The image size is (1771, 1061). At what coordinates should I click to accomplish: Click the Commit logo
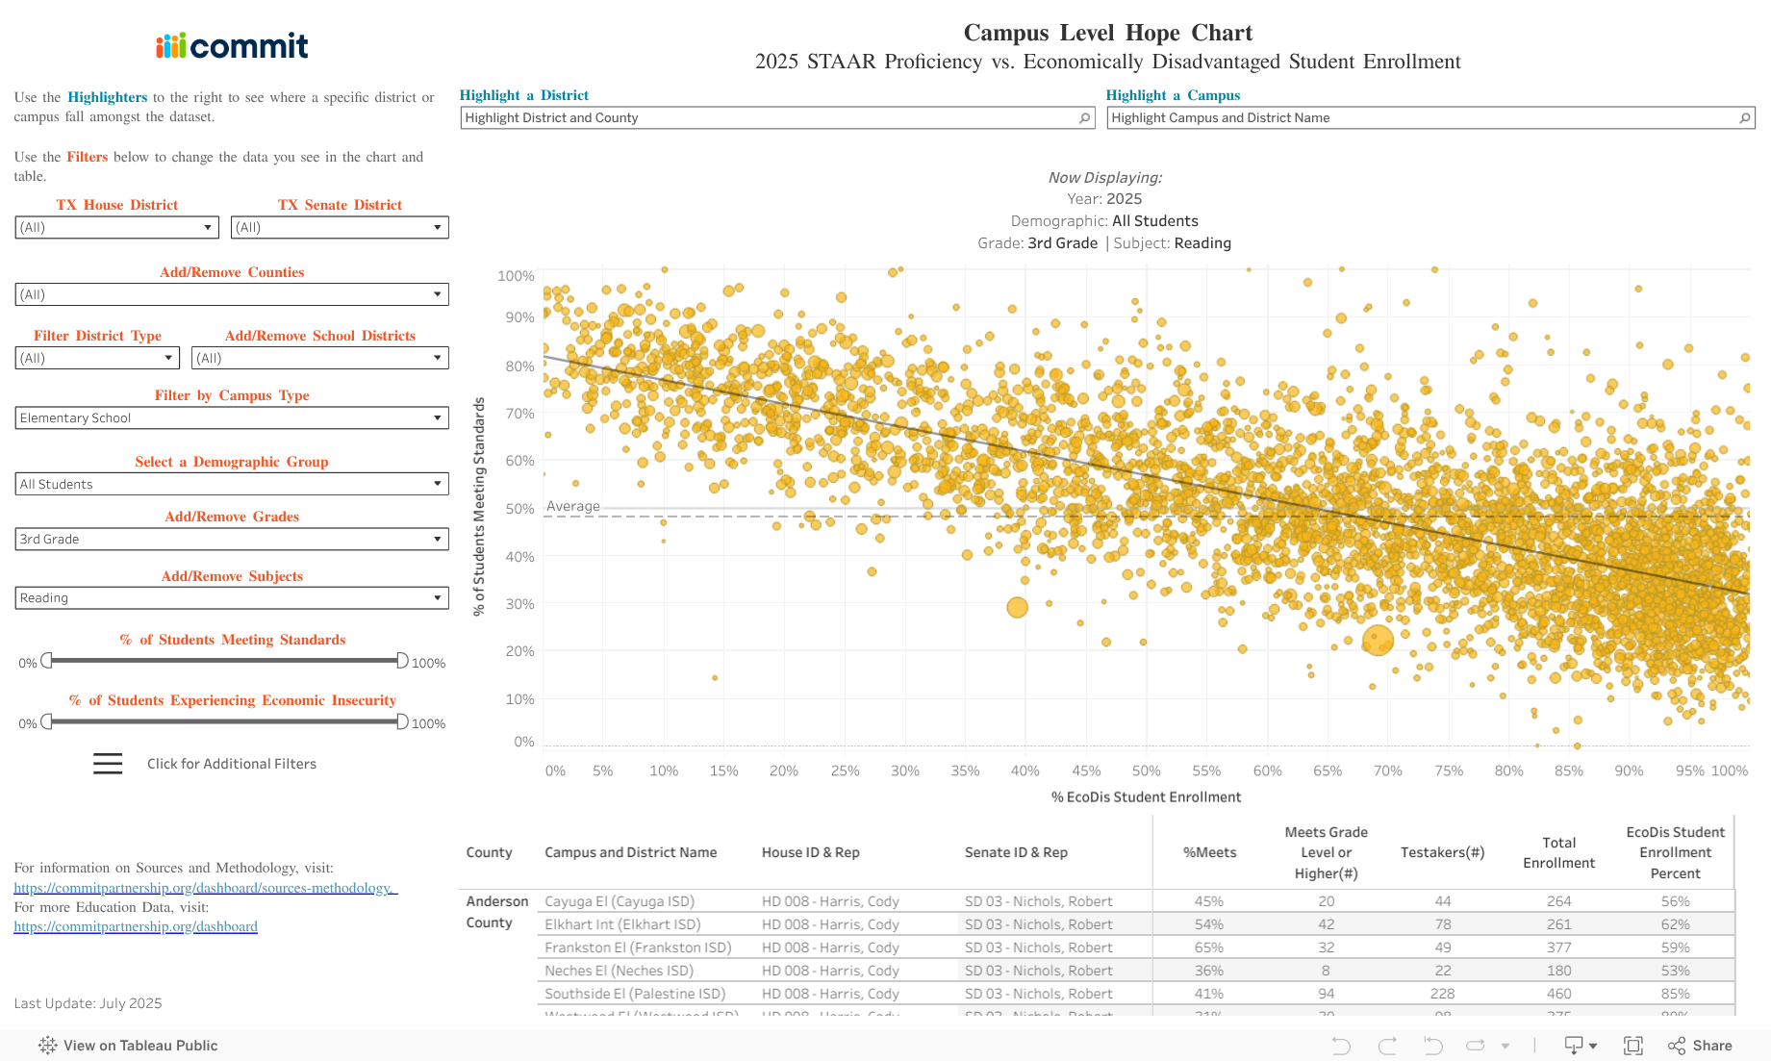pyautogui.click(x=232, y=45)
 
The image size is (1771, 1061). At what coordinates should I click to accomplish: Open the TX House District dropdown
pyautogui.click(x=116, y=228)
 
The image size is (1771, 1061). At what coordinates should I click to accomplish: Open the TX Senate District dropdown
pyautogui.click(x=340, y=228)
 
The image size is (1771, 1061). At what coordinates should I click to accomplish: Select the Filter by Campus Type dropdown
pyautogui.click(x=232, y=418)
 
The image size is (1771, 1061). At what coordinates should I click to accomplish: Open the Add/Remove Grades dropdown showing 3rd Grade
pyautogui.click(x=232, y=540)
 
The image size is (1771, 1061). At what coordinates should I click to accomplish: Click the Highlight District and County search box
pyautogui.click(x=770, y=118)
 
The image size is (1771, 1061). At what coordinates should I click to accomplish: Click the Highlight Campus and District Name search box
pyautogui.click(x=1424, y=118)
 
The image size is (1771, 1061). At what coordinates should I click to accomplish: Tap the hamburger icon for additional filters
pyautogui.click(x=108, y=764)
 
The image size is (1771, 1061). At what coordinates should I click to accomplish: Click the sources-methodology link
pyautogui.click(x=205, y=888)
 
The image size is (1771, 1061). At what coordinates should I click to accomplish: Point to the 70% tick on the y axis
pyautogui.click(x=519, y=414)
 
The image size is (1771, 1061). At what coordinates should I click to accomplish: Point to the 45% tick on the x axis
pyautogui.click(x=1086, y=770)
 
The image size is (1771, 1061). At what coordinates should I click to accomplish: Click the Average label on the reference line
pyautogui.click(x=573, y=506)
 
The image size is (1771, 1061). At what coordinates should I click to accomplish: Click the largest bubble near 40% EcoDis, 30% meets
pyautogui.click(x=1017, y=607)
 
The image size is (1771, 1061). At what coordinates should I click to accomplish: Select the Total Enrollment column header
pyautogui.click(x=1558, y=853)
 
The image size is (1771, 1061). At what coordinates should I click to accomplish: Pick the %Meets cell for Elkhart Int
pyautogui.click(x=1209, y=924)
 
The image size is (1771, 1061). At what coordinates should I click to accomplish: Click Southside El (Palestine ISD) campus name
pyautogui.click(x=635, y=994)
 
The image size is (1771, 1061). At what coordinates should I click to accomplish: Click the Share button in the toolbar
pyautogui.click(x=1701, y=1046)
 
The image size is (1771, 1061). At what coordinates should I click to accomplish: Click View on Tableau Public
pyautogui.click(x=129, y=1046)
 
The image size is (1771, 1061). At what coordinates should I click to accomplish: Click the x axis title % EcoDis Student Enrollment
pyautogui.click(x=1146, y=797)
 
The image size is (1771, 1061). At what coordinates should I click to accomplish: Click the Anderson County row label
pyautogui.click(x=496, y=912)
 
